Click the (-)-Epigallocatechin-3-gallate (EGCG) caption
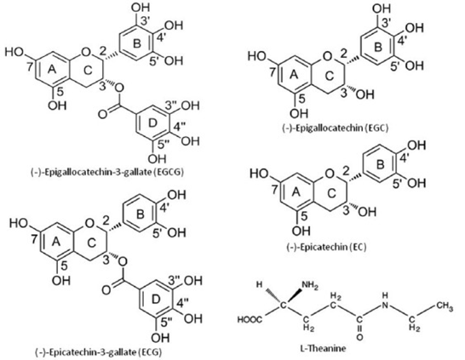(x=106, y=172)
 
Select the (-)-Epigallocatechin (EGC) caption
(x=335, y=128)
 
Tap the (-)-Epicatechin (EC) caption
(x=326, y=247)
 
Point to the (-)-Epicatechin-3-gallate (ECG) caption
(x=99, y=352)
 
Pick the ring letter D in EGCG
(x=152, y=123)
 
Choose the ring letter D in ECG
(x=156, y=300)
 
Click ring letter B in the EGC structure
(x=377, y=48)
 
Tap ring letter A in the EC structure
(x=296, y=192)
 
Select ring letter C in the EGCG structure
(x=88, y=71)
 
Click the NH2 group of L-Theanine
(x=310, y=286)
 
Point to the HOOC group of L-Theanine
(x=250, y=320)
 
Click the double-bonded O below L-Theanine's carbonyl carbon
(x=359, y=337)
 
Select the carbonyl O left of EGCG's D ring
(x=102, y=114)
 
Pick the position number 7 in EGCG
(x=29, y=67)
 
